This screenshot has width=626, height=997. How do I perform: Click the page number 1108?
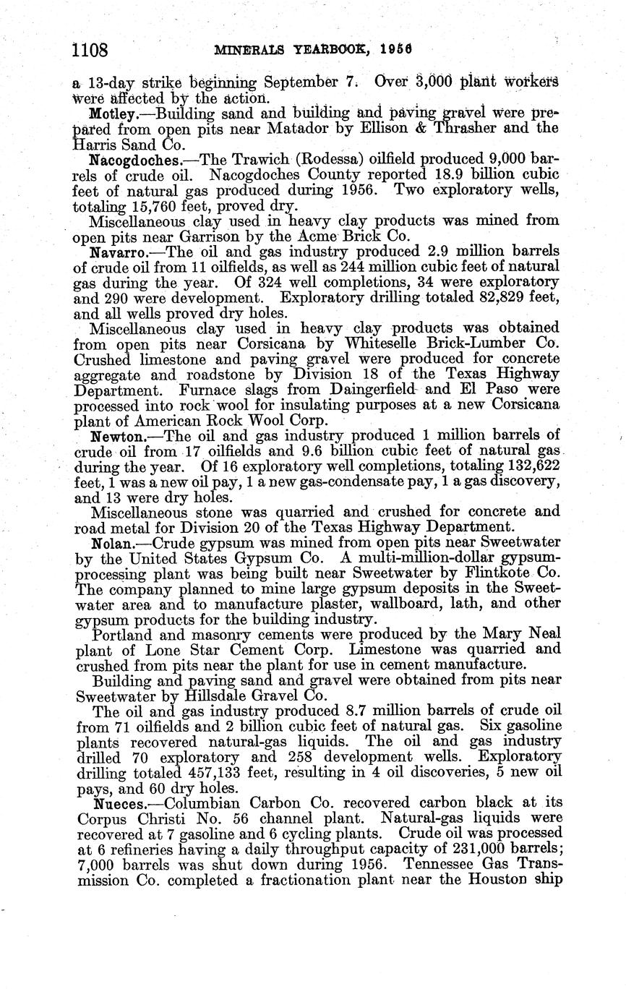pyautogui.click(x=91, y=51)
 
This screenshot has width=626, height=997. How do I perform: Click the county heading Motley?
pyautogui.click(x=111, y=114)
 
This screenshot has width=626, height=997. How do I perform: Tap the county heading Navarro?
pyautogui.click(x=116, y=252)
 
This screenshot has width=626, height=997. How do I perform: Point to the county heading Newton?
pyautogui.click(x=115, y=437)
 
